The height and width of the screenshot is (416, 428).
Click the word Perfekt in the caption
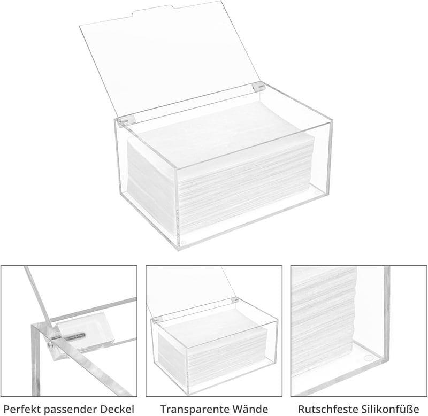click(x=22, y=409)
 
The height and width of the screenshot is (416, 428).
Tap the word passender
click(x=70, y=410)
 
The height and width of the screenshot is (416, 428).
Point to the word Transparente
click(x=194, y=410)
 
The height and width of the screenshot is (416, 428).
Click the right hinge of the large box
click(x=258, y=87)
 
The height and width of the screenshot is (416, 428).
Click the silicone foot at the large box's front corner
click(x=184, y=242)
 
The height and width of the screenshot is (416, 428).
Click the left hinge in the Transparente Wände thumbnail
click(x=157, y=320)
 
